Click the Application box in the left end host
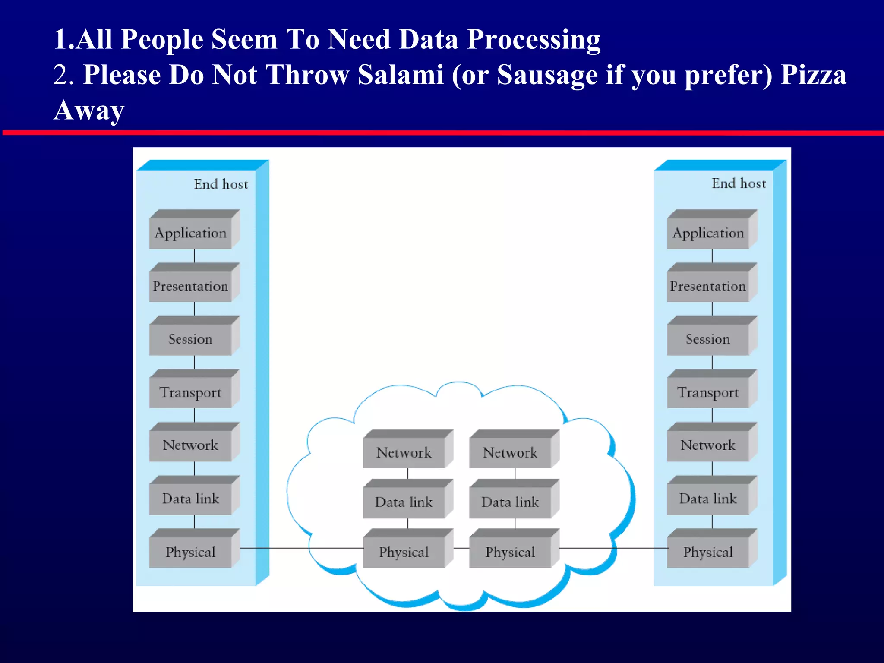[x=190, y=233]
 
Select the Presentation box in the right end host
[x=708, y=286]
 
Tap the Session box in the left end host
[x=190, y=339]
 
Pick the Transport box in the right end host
[x=708, y=392]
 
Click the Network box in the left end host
[x=190, y=445]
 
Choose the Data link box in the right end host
[x=708, y=499]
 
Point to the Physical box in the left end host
[x=190, y=552]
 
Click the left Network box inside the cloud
[x=404, y=452]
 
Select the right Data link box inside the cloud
[x=510, y=502]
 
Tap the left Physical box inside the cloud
[x=404, y=552]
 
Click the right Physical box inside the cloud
[x=510, y=552]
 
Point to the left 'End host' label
[x=221, y=184]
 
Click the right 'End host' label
[x=739, y=183]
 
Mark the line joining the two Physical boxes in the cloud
[x=461, y=548]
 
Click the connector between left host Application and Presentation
[x=194, y=256]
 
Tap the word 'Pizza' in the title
[x=814, y=75]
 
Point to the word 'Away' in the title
[x=89, y=110]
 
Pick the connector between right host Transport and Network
[x=712, y=415]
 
